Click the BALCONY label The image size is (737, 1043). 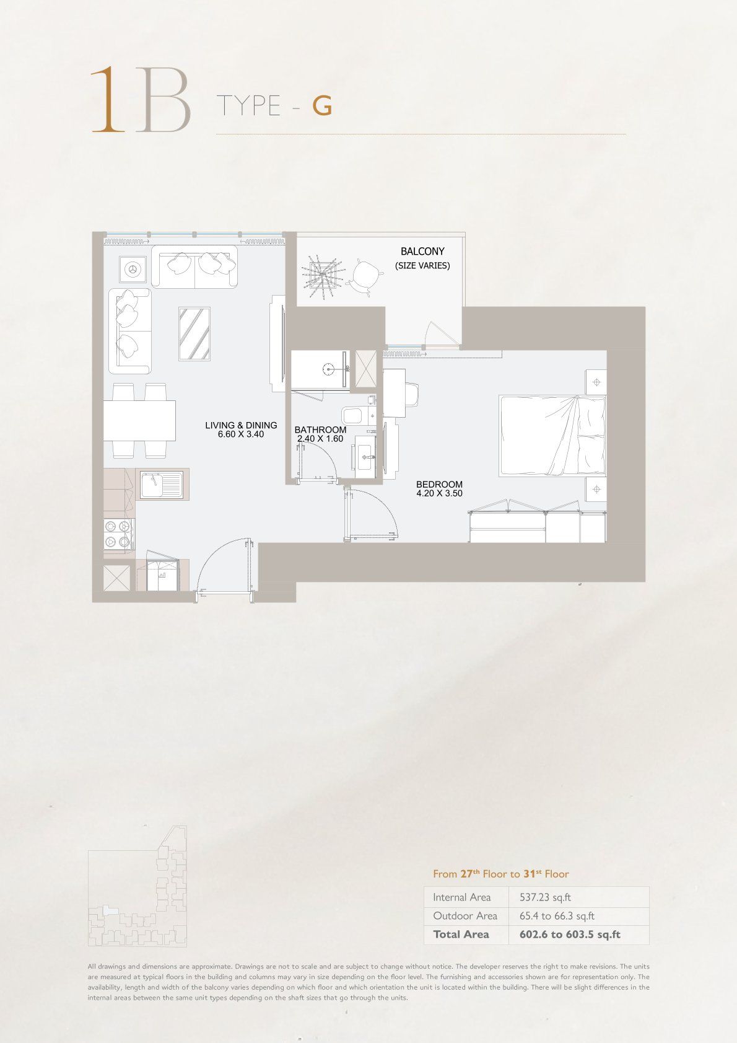click(x=422, y=252)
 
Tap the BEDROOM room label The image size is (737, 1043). click(x=439, y=484)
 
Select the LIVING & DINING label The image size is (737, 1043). click(x=241, y=425)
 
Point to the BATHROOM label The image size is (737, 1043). click(x=321, y=429)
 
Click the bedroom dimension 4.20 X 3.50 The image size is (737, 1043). click(x=439, y=493)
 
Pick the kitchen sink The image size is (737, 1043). click(x=162, y=484)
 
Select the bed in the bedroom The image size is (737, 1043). click(x=552, y=436)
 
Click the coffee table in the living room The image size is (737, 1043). click(x=194, y=334)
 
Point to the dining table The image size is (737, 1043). click(x=139, y=420)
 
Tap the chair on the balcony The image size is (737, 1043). click(x=367, y=277)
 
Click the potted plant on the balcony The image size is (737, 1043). click(x=323, y=276)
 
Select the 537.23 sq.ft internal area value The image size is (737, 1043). click(x=545, y=897)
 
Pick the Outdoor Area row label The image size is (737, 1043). click(x=465, y=916)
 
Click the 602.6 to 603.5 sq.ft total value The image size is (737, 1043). click(x=570, y=935)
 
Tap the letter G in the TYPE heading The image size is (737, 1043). click(x=322, y=106)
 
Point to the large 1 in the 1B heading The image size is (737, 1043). click(x=108, y=99)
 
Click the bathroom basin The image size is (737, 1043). click(x=366, y=456)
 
